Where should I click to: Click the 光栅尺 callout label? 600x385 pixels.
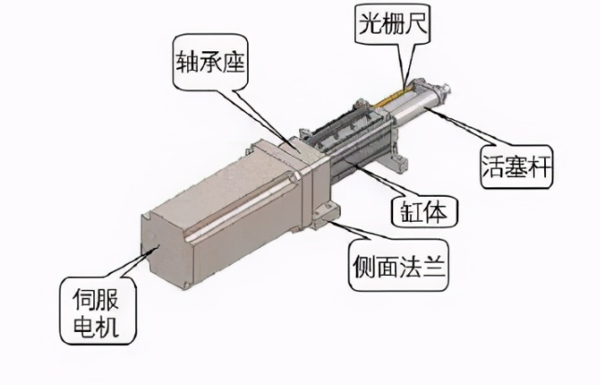pyautogui.click(x=393, y=24)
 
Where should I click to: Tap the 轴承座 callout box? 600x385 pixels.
pyautogui.click(x=210, y=62)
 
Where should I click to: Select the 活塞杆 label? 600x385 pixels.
pyautogui.click(x=516, y=167)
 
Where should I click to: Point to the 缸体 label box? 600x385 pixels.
pyautogui.click(x=424, y=211)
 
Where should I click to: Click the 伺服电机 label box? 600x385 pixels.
pyautogui.click(x=97, y=311)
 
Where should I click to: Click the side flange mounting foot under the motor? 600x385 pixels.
pyautogui.click(x=326, y=216)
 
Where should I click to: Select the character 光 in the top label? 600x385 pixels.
pyautogui.click(x=370, y=23)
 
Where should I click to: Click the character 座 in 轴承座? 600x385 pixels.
pyautogui.click(x=233, y=62)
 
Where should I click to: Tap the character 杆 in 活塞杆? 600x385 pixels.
pyautogui.click(x=539, y=167)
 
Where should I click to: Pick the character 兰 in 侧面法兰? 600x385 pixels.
pyautogui.click(x=435, y=266)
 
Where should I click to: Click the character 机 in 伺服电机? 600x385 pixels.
pyautogui.click(x=108, y=326)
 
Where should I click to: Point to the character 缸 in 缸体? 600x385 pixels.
pyautogui.click(x=411, y=212)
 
